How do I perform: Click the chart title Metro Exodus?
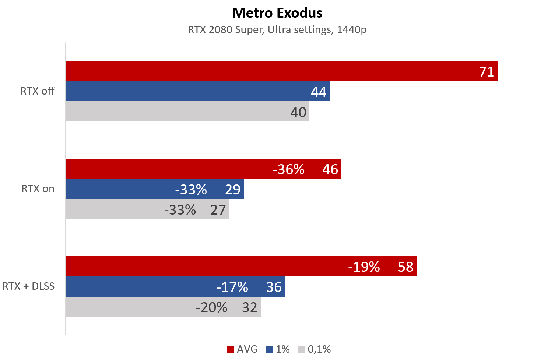click(277, 13)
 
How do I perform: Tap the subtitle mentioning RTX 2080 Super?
click(277, 29)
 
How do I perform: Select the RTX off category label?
click(37, 91)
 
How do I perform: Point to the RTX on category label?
click(38, 189)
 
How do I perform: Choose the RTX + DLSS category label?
click(28, 286)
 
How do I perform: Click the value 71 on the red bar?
click(486, 71)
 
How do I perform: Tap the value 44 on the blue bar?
click(319, 92)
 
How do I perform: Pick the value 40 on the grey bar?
click(298, 112)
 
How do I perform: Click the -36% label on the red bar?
click(288, 169)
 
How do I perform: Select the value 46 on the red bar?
click(330, 169)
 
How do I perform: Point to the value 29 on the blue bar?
click(233, 190)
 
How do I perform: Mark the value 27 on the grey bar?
click(218, 210)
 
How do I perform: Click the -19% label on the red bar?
click(364, 267)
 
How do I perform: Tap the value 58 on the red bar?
click(405, 267)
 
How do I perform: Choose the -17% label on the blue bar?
click(232, 287)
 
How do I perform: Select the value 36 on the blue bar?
click(274, 287)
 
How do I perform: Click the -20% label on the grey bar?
click(211, 307)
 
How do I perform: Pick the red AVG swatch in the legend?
click(231, 349)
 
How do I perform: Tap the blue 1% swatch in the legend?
click(269, 349)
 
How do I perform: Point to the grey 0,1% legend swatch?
click(301, 349)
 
